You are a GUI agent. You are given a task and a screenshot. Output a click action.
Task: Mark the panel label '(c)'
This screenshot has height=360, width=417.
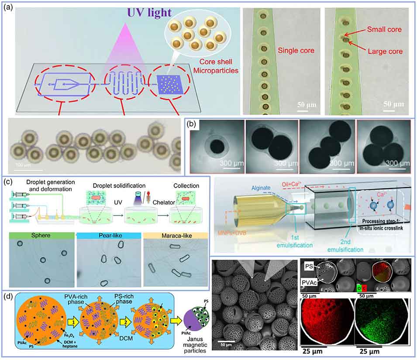(8, 181)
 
